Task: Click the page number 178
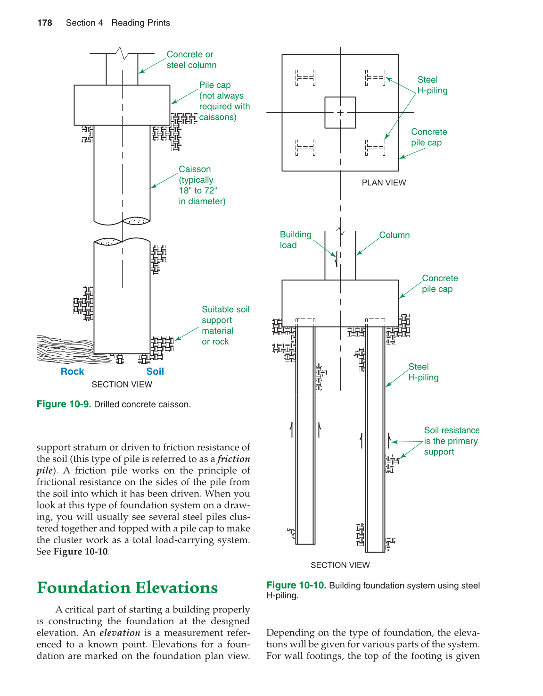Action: pyautogui.click(x=45, y=23)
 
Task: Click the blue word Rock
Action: pyautogui.click(x=72, y=372)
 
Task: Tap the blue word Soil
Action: pyautogui.click(x=155, y=372)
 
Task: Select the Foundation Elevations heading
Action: pyautogui.click(x=127, y=588)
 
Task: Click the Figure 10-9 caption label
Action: pyautogui.click(x=64, y=404)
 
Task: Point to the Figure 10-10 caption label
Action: pyautogui.click(x=296, y=586)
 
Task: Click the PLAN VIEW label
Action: pyautogui.click(x=384, y=183)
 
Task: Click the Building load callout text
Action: pyautogui.click(x=295, y=240)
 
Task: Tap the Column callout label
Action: pyautogui.click(x=395, y=235)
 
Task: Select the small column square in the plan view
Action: pyautogui.click(x=340, y=113)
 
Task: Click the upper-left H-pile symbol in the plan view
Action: pyautogui.click(x=305, y=78)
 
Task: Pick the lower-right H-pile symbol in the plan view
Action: pyautogui.click(x=375, y=148)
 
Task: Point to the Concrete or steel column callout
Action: pyautogui.click(x=191, y=60)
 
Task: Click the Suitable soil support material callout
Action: pyautogui.click(x=225, y=326)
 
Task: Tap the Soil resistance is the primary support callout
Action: pyautogui.click(x=452, y=441)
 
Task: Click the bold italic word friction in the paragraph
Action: pyautogui.click(x=234, y=459)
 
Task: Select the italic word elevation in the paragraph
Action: pyautogui.click(x=120, y=633)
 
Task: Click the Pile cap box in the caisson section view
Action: pyautogui.click(x=122, y=105)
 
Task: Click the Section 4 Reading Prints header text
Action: pyautogui.click(x=118, y=23)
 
